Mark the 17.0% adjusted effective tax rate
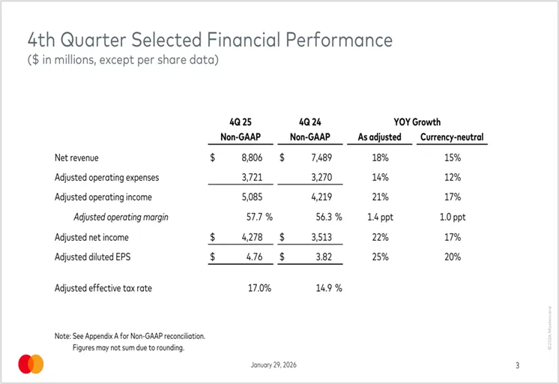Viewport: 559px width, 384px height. coord(259,288)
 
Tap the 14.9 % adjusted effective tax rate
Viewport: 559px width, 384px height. coord(324,288)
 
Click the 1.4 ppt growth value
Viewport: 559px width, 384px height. coord(379,217)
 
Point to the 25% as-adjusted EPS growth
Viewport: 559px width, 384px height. coord(380,256)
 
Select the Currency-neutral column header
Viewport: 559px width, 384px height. coord(452,137)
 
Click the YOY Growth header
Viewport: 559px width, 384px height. coord(417,121)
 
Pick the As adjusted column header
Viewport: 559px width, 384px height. coord(380,137)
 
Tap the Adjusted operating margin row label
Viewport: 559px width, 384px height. coord(121,217)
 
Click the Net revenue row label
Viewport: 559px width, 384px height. coord(76,158)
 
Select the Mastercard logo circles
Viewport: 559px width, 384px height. coord(31,364)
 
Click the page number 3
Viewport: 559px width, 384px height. coord(517,365)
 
